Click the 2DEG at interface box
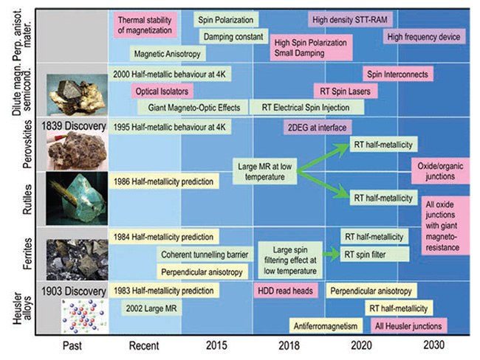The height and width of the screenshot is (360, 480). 315,126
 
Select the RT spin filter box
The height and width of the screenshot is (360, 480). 372,255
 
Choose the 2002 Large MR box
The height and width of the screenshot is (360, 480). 153,308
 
